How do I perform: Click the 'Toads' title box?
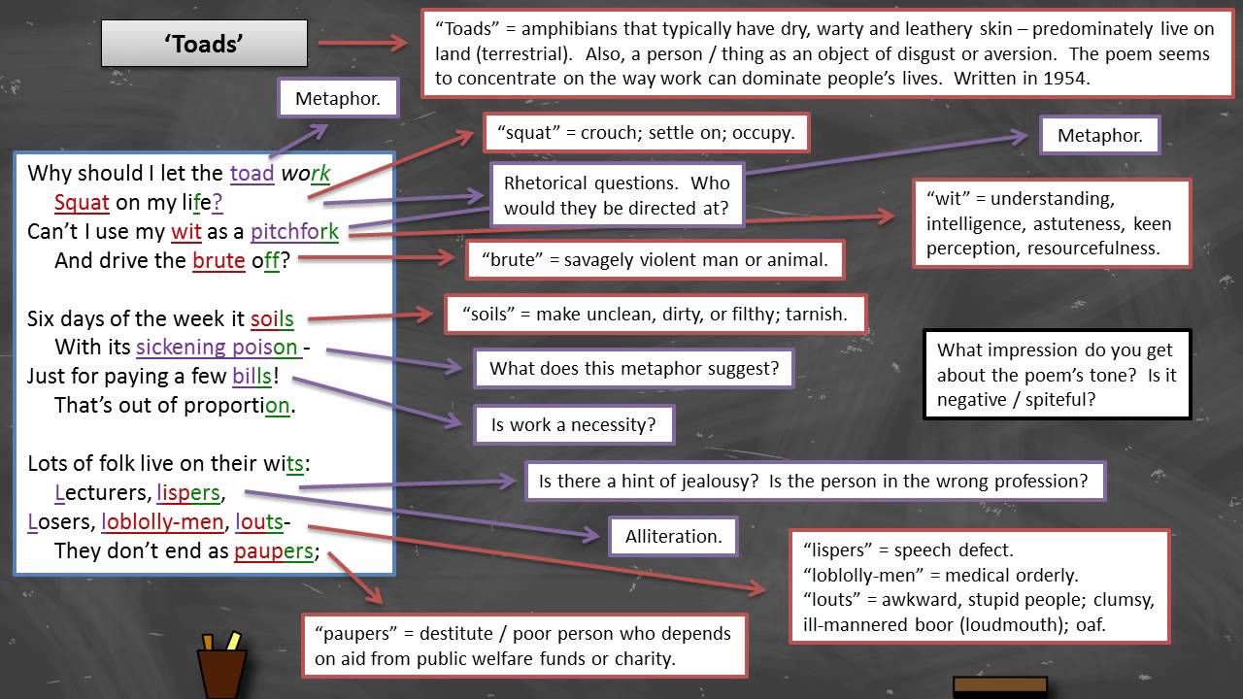pos(204,45)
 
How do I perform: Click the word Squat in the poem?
pos(82,203)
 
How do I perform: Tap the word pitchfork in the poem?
pos(294,232)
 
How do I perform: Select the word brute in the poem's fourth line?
pos(218,261)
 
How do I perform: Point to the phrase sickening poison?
pos(217,348)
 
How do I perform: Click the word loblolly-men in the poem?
pos(163,522)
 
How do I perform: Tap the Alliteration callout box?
pos(673,536)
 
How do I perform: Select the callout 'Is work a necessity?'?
pos(573,424)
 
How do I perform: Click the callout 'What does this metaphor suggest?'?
pos(633,368)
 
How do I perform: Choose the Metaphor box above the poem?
pos(337,99)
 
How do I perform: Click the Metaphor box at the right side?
pos(1099,136)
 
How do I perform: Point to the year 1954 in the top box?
pos(1066,80)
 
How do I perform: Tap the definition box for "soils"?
pos(655,314)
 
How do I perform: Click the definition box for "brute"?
pos(655,260)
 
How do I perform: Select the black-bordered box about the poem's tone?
pos(1057,374)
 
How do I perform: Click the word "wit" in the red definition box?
pos(950,199)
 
